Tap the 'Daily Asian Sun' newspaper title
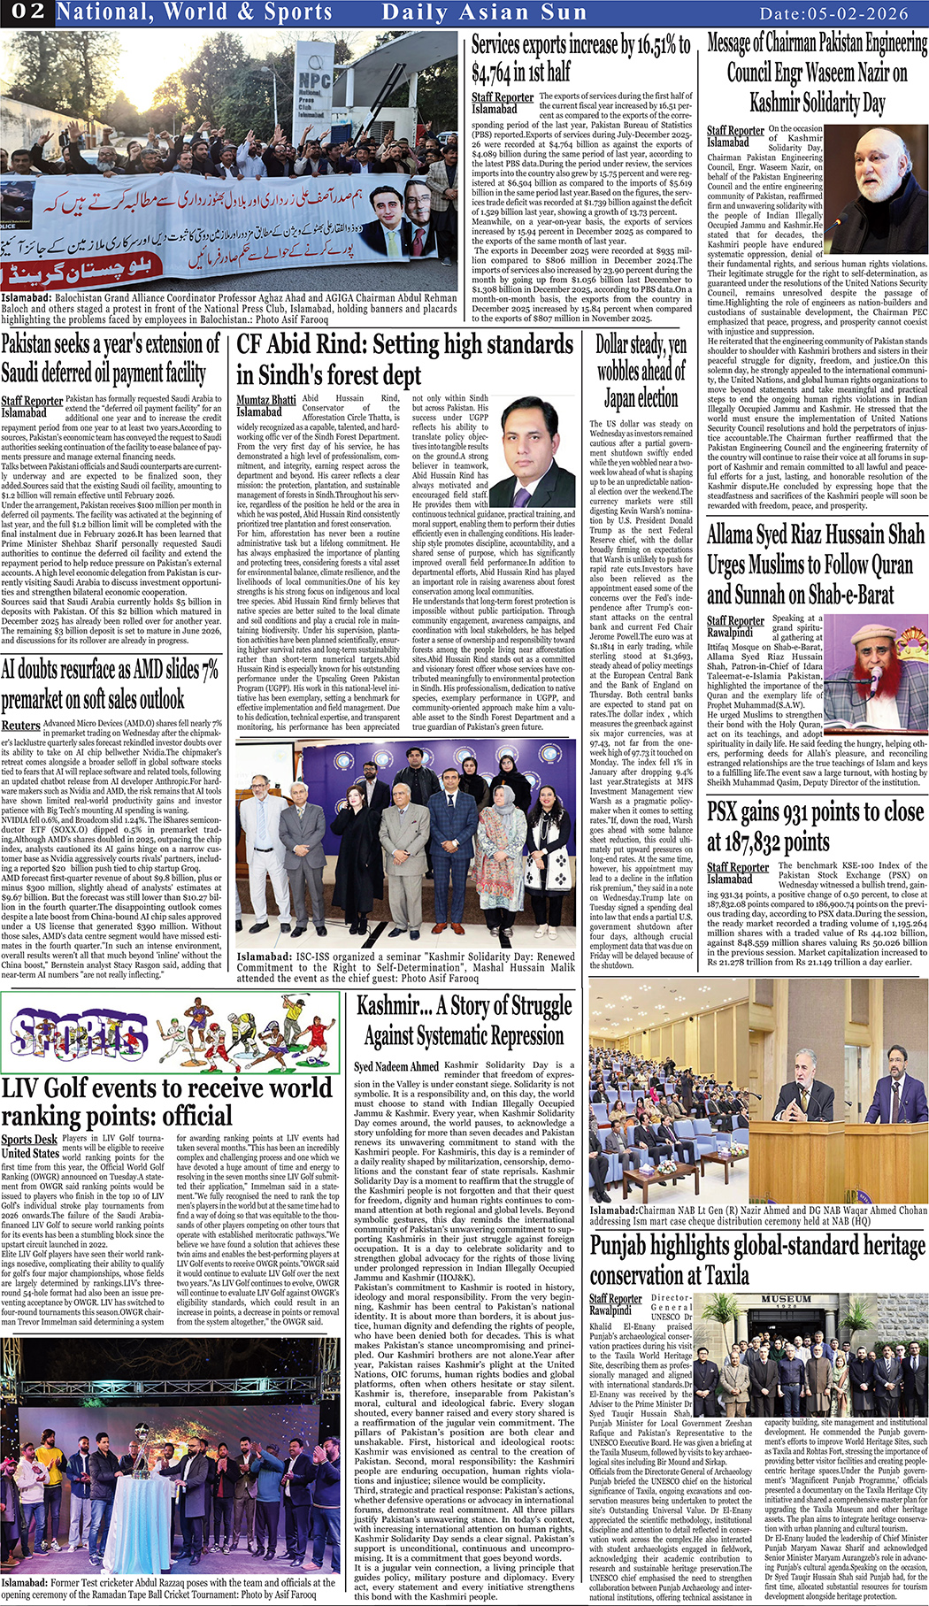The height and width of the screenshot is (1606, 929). coord(484,12)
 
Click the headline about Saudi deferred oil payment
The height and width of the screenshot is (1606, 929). coord(111,357)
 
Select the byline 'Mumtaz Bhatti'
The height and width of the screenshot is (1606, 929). coord(265,400)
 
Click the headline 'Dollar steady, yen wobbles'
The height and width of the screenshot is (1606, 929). coord(641,370)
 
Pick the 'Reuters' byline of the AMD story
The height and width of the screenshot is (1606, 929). coord(21,726)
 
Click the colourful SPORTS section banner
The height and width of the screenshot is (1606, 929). coord(170,1033)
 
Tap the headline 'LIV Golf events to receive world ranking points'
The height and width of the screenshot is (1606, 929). coord(167,1101)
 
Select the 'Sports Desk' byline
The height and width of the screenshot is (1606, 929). coord(29,1140)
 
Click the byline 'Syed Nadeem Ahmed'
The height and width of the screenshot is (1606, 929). coord(395,1066)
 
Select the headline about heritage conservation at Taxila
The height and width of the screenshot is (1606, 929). coord(757,1260)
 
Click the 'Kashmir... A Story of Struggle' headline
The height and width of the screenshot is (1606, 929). coord(464,1020)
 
